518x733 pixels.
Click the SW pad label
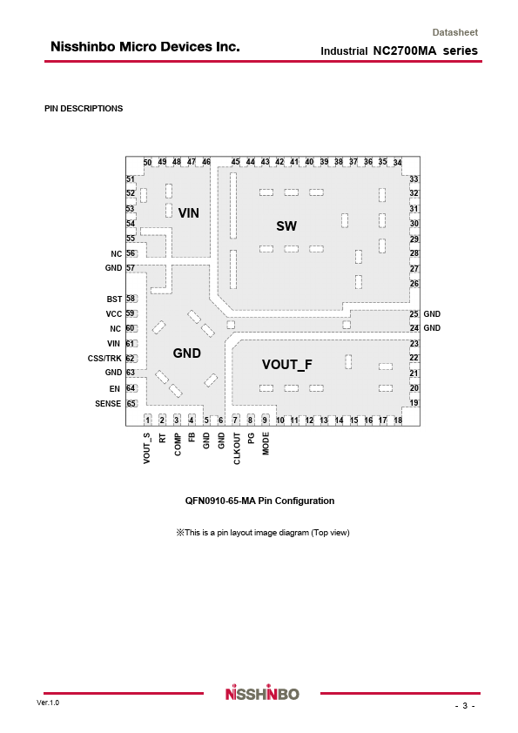click(x=286, y=226)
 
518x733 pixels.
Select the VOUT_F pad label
click(x=286, y=365)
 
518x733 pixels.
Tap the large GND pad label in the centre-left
click(x=187, y=353)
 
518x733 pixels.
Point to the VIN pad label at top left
click(x=188, y=213)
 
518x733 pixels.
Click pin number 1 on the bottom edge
click(x=148, y=420)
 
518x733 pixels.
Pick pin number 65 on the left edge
click(x=131, y=403)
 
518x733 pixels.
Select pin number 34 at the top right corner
click(x=397, y=163)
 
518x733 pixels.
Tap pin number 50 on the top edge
click(x=147, y=162)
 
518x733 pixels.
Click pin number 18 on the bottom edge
click(x=398, y=420)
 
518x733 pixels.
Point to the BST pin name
click(x=114, y=299)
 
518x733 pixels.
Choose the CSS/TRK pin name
click(x=104, y=359)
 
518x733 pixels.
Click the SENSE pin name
click(x=108, y=403)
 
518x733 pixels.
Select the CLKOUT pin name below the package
click(x=237, y=448)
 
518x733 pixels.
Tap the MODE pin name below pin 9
click(x=266, y=444)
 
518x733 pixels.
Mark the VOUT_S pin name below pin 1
click(x=147, y=448)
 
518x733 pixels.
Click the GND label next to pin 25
click(x=432, y=314)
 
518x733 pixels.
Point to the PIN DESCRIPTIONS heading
click(x=84, y=109)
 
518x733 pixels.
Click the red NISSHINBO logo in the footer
click(x=262, y=693)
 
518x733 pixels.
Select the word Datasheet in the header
click(x=455, y=33)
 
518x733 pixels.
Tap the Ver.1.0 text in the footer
click(x=48, y=703)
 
